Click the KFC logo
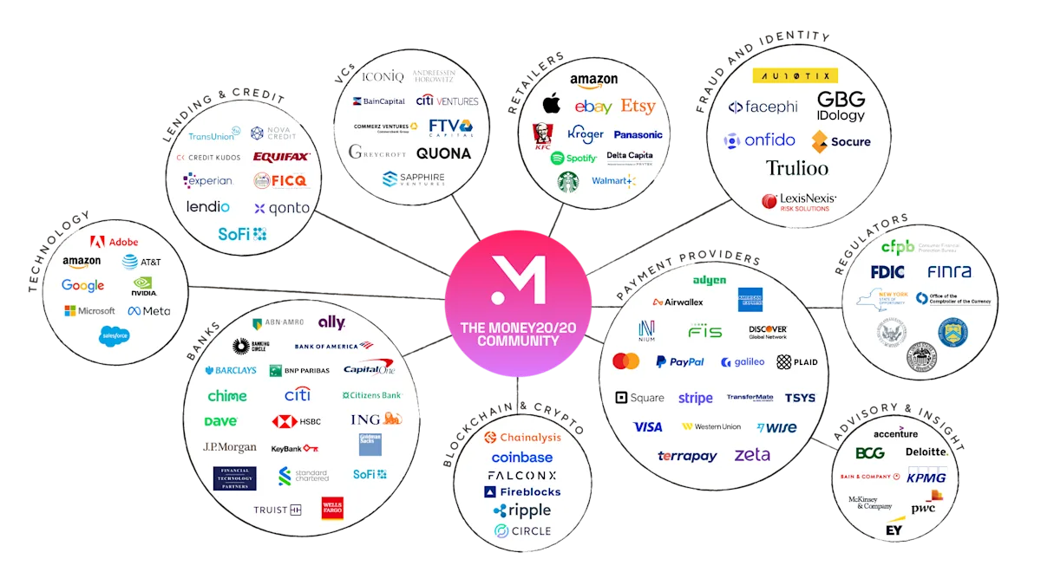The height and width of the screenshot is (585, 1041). pos(542,137)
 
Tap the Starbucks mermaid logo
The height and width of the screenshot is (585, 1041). pos(568,182)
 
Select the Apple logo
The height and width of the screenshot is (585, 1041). pos(551,106)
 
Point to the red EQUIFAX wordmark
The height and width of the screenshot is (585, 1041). pos(281,157)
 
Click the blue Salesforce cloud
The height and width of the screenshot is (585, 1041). pos(115,335)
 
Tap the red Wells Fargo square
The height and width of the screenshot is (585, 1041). pos(332,508)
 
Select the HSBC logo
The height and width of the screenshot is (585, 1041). pos(297,421)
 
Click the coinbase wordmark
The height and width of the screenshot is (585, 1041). pos(522,457)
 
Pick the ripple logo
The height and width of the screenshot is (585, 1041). pos(522,511)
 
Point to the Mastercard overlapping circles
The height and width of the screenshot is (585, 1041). pos(625,361)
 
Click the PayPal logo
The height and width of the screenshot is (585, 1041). pos(680,362)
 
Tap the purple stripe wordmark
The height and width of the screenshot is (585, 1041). pos(695,399)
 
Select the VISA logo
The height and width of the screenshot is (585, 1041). pos(647,427)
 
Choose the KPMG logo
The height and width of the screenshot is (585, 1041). pos(926,478)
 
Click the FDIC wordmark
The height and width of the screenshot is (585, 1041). pos(888,272)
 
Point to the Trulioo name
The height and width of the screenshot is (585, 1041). pos(796,168)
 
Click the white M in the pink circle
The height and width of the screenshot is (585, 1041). pos(518,279)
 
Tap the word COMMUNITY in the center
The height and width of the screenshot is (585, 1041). pos(518,341)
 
